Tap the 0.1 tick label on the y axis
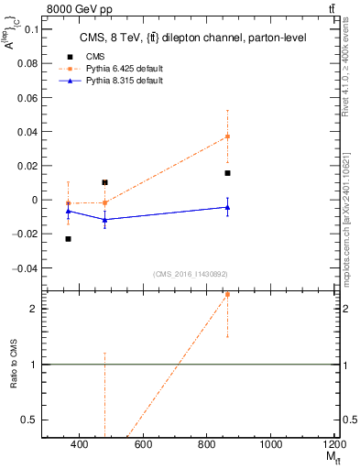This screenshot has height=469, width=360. [29, 28]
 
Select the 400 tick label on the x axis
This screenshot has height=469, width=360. [79, 446]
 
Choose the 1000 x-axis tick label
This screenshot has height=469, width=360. [270, 446]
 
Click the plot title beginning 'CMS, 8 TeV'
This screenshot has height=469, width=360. [182, 38]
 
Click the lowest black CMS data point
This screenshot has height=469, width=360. [68, 239]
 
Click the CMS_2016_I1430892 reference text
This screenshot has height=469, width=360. [190, 274]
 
